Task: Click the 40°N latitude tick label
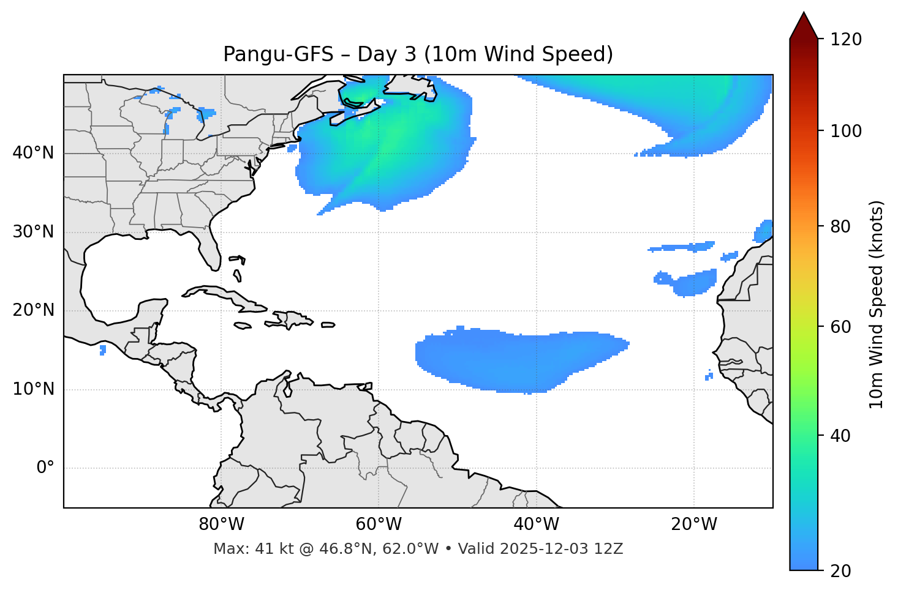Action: click(x=33, y=153)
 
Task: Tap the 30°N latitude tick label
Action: click(x=33, y=232)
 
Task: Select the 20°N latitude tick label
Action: click(x=33, y=310)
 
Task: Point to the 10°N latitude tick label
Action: click(x=33, y=389)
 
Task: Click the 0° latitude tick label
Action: click(x=45, y=468)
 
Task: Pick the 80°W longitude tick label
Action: click(x=221, y=524)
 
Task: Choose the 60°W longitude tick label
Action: click(x=379, y=524)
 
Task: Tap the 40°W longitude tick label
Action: click(x=536, y=524)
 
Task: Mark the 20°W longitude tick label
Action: click(x=693, y=524)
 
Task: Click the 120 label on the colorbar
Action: click(x=846, y=40)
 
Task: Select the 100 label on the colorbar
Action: click(x=846, y=131)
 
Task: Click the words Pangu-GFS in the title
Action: click(x=278, y=54)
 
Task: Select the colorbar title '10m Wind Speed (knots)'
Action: click(x=877, y=304)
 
